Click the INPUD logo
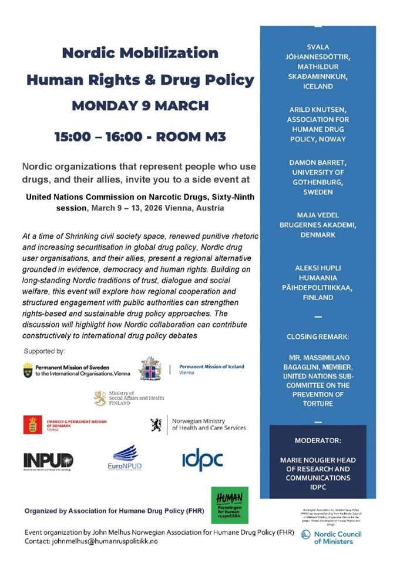pos(48,460)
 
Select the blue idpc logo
pos(202,458)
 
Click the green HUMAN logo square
pos(230,505)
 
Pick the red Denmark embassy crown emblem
pos(32,424)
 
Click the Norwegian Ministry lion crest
pos(156,424)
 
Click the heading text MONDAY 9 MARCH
pos(140,106)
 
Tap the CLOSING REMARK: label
pos(318,337)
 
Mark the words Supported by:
pos(44,351)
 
